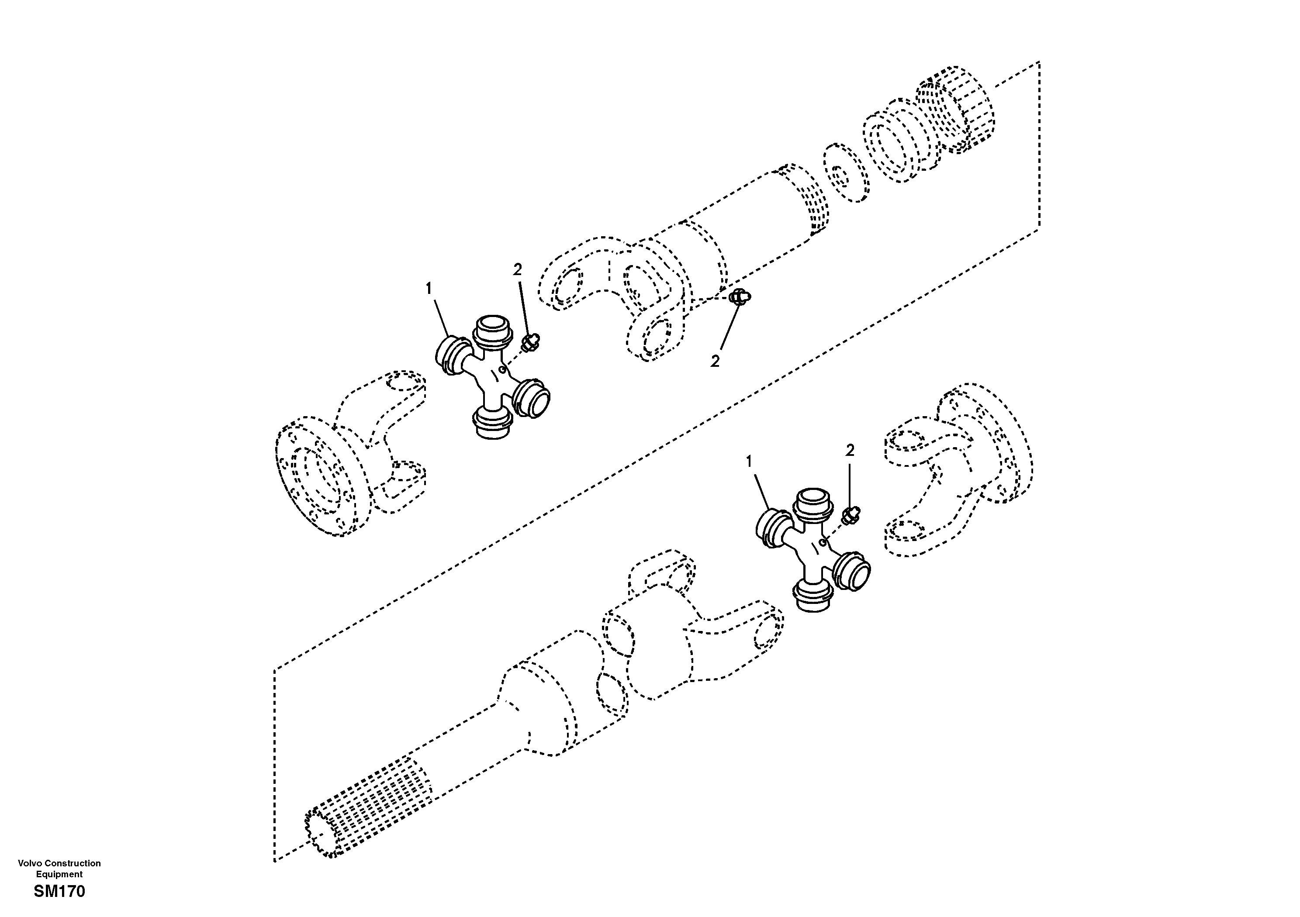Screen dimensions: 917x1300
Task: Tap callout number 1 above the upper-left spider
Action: (x=429, y=289)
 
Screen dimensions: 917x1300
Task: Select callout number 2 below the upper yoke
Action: (x=715, y=361)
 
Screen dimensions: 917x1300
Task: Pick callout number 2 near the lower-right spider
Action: (x=849, y=451)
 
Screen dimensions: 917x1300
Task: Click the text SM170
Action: (x=59, y=892)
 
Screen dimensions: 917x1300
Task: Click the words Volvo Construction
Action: (x=59, y=863)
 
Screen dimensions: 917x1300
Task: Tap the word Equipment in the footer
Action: (x=59, y=875)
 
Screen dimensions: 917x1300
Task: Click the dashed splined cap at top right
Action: (x=957, y=110)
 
